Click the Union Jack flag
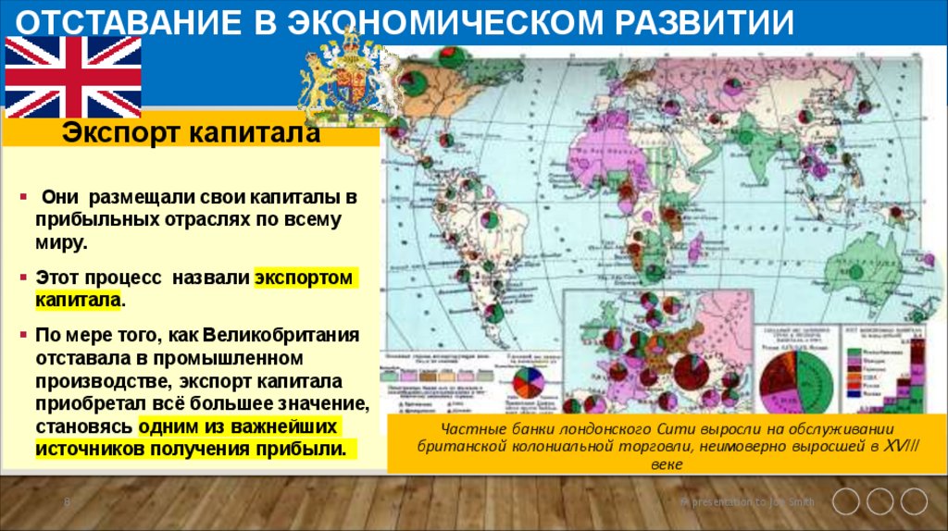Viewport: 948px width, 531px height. click(x=73, y=77)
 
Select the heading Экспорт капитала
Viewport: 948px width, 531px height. click(x=192, y=134)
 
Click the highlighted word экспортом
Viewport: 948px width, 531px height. click(x=305, y=278)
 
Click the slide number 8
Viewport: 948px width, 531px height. click(x=67, y=502)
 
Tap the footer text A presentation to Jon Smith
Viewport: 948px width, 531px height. click(x=748, y=502)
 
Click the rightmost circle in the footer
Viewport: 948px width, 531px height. click(x=914, y=501)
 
